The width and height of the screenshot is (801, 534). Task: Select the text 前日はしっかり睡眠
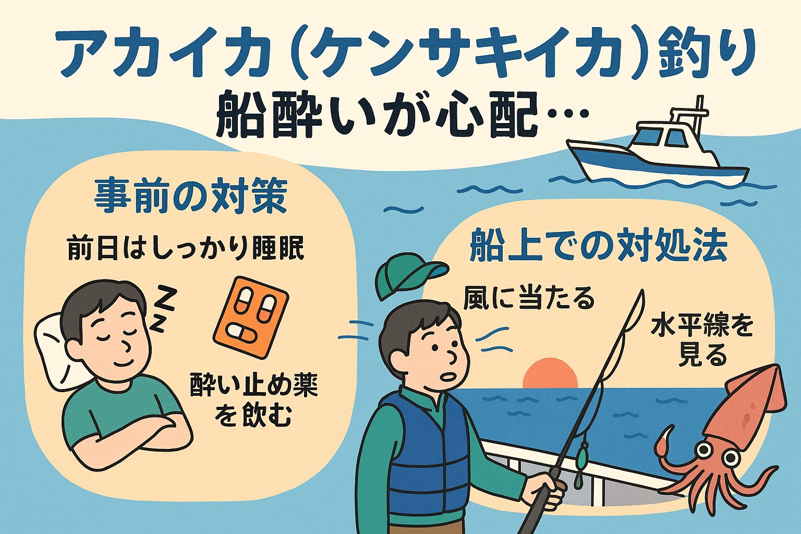click(x=185, y=249)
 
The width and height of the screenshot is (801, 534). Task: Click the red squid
click(x=730, y=433)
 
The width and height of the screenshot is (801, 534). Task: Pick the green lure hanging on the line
click(x=580, y=459)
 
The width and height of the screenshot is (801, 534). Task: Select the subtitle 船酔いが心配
click(x=402, y=116)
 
